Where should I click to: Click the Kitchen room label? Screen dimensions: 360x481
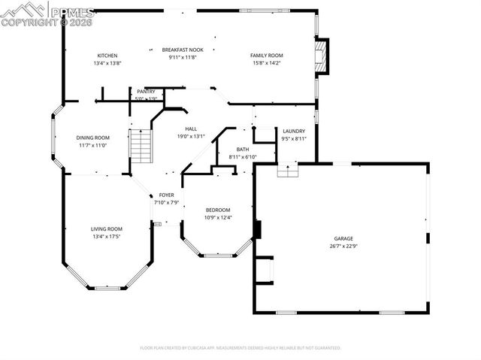pyautogui.click(x=107, y=56)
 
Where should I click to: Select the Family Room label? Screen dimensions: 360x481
pyautogui.click(x=266, y=56)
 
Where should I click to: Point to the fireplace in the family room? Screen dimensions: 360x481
pyautogui.click(x=322, y=56)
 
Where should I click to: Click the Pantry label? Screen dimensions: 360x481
pyautogui.click(x=146, y=92)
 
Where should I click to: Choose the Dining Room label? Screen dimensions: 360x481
pyautogui.click(x=92, y=138)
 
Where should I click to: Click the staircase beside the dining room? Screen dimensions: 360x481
pyautogui.click(x=141, y=146)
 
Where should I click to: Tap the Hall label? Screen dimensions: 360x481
pyautogui.click(x=191, y=129)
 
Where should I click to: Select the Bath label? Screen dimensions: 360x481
pyautogui.click(x=243, y=150)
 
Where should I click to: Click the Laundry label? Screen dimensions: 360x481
pyautogui.click(x=293, y=132)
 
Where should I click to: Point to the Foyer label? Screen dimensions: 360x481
pyautogui.click(x=165, y=195)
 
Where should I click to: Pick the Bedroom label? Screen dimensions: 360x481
pyautogui.click(x=218, y=210)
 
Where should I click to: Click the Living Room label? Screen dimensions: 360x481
pyautogui.click(x=107, y=228)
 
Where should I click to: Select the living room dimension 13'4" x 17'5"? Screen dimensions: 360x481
pyautogui.click(x=107, y=236)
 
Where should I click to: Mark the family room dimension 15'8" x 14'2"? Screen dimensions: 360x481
pyautogui.click(x=266, y=63)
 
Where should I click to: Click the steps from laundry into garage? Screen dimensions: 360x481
pyautogui.click(x=288, y=170)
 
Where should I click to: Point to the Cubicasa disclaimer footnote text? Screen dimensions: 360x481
pyautogui.click(x=240, y=348)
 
